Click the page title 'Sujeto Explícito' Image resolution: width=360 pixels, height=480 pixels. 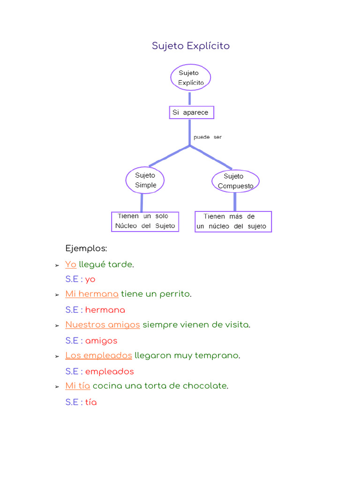coord(191,46)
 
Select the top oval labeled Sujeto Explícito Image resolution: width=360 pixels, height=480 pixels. coord(190,77)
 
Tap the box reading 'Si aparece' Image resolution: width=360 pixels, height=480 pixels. coord(191,112)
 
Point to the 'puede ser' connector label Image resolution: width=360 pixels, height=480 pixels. coord(207,137)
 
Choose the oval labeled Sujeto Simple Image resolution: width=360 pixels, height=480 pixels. coord(145,180)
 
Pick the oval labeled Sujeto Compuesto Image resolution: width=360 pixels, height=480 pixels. coord(235,181)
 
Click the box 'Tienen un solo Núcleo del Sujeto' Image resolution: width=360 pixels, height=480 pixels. coord(145,221)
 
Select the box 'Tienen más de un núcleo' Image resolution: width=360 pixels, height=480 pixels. coord(233,221)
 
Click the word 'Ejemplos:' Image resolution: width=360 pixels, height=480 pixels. coord(86,248)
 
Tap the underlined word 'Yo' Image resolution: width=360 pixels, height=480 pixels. coord(71,264)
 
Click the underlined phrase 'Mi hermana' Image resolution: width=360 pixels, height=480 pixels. coord(92,294)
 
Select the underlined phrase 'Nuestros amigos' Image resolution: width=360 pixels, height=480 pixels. coord(103,324)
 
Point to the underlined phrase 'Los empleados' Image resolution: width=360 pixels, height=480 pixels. coord(98,355)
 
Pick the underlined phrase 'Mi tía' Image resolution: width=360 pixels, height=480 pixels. coord(78,386)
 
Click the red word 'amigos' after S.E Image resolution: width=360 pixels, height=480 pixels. coord(101,341)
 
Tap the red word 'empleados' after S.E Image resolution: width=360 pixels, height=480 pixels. coord(109,372)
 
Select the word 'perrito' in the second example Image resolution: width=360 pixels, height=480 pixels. coord(174,294)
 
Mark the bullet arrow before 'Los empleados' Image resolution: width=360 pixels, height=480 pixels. coord(57,356)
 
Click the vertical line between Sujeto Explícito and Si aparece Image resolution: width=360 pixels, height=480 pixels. coord(189,98)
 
